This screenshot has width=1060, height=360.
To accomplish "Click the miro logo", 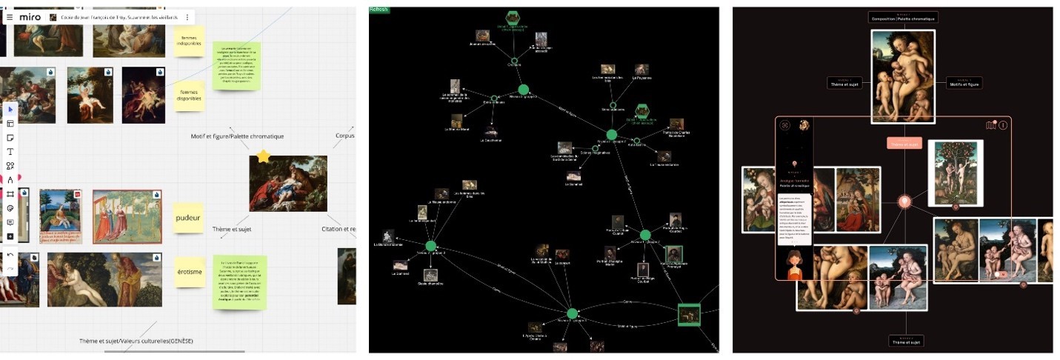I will [30, 17].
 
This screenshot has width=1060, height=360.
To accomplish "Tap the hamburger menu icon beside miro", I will [10, 17].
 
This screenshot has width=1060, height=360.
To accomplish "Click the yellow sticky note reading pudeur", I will [189, 218].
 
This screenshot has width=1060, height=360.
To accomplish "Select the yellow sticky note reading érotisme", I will [189, 272].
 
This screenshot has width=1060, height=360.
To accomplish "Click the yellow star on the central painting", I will [264, 156].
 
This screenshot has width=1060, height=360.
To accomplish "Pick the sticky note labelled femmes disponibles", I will [189, 96].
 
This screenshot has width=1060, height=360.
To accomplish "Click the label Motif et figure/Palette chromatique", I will [237, 136].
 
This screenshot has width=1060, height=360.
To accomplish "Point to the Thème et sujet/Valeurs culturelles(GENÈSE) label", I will [136, 341].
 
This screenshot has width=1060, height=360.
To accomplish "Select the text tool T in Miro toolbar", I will [10, 152].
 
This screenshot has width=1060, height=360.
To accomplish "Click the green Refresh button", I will [379, 10].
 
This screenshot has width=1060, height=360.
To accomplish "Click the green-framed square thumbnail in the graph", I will [689, 314].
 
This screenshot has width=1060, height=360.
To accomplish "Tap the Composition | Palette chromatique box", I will [903, 16].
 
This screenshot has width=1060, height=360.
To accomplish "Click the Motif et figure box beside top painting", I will [964, 83].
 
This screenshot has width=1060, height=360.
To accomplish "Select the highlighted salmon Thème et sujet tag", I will [904, 143].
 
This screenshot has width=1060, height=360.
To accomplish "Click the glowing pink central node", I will [904, 201].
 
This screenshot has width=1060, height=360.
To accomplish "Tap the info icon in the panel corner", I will [1003, 125].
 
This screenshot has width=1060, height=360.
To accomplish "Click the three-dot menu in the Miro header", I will [187, 17].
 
